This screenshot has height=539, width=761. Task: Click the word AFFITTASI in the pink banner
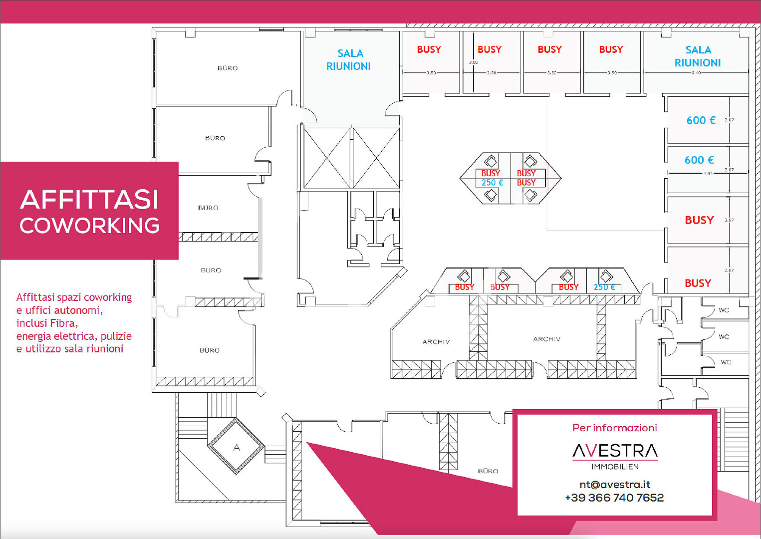click(89, 200)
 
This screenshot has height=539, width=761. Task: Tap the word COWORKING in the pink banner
click(90, 226)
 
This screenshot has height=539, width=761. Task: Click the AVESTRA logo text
click(615, 451)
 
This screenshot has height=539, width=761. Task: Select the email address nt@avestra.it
click(615, 485)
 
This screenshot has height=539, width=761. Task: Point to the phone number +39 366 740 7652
click(614, 498)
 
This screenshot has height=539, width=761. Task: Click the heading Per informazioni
click(614, 428)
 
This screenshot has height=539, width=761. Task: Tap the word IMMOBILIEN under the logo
click(615, 467)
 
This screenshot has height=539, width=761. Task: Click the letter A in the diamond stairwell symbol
click(237, 448)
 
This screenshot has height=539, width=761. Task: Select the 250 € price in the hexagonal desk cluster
click(492, 183)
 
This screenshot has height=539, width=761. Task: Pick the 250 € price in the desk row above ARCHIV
click(604, 287)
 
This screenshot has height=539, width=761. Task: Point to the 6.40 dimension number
click(696, 73)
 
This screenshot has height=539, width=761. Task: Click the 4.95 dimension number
click(708, 174)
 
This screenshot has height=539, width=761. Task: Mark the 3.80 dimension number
click(473, 62)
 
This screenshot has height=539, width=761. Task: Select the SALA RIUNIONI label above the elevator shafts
click(349, 60)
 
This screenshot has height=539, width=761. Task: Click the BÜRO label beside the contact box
click(488, 471)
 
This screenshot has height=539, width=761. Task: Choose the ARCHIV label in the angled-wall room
click(436, 342)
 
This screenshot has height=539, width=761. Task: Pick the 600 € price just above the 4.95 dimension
click(699, 160)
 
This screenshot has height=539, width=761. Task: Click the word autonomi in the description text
click(77, 310)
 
